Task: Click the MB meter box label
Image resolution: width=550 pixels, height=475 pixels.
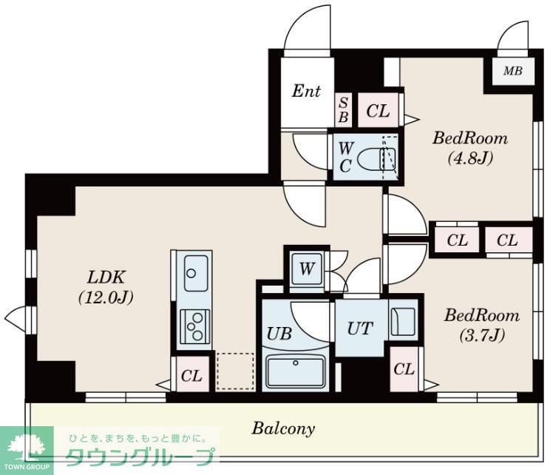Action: tap(512, 72)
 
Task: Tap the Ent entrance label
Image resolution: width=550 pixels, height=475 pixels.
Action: tap(306, 91)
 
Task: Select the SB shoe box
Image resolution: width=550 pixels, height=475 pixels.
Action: tap(344, 110)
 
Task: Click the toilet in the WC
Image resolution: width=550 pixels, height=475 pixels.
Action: tap(378, 157)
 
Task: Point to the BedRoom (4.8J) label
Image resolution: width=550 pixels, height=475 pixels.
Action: tap(470, 146)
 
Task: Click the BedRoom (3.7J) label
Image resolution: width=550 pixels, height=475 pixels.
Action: tap(481, 325)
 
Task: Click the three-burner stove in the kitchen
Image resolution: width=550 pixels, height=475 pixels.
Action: tap(194, 326)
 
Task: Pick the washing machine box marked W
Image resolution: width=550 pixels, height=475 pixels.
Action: tap(305, 269)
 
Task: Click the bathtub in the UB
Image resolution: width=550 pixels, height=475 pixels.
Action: tap(295, 371)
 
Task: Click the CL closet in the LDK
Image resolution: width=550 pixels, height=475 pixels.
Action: tap(191, 376)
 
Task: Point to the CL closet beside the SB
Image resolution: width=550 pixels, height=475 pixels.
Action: tap(378, 111)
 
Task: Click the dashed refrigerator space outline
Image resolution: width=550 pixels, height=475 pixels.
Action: tap(235, 371)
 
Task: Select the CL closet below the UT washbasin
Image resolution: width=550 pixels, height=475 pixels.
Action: tap(404, 369)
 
